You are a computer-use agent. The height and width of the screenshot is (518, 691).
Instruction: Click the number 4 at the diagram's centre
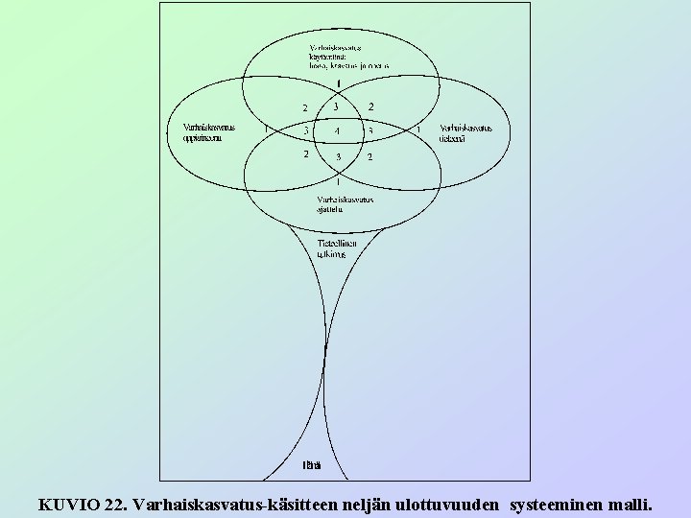click(x=337, y=130)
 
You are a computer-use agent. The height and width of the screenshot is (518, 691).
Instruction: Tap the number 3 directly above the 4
click(x=337, y=106)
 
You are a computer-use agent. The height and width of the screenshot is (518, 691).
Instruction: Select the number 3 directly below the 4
click(x=337, y=156)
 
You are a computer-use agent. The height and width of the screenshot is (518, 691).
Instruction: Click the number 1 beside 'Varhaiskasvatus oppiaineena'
click(x=265, y=129)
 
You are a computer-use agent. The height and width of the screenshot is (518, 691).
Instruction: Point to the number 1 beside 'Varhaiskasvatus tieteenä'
click(x=417, y=129)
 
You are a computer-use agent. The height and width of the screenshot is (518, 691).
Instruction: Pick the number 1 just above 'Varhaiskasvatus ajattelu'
click(x=337, y=179)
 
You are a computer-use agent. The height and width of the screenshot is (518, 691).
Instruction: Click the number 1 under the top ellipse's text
click(x=337, y=82)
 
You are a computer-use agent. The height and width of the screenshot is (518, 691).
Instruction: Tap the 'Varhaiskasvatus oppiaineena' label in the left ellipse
click(x=208, y=132)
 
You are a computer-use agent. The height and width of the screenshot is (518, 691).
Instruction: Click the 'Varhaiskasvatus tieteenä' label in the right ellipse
click(x=465, y=132)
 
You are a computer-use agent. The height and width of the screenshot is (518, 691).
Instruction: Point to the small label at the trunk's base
click(x=311, y=466)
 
